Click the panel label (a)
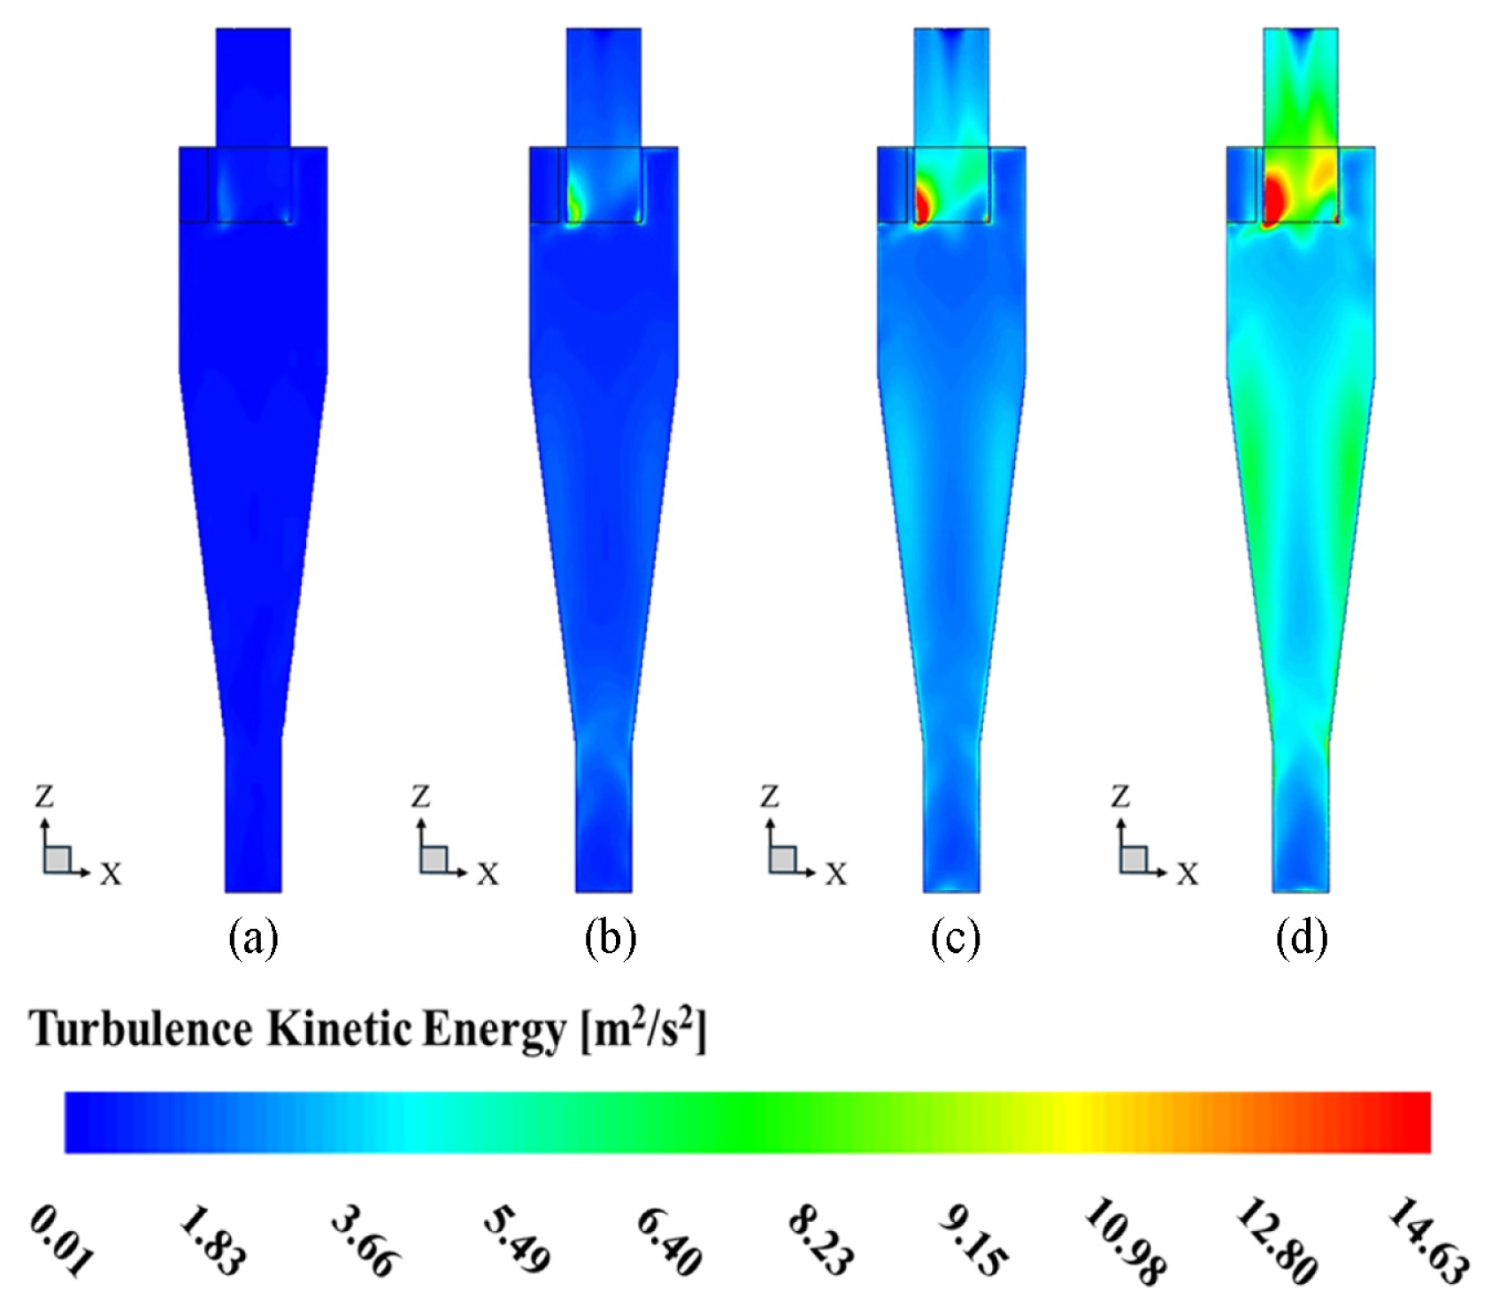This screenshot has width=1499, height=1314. pyautogui.click(x=253, y=937)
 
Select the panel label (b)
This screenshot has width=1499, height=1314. pyautogui.click(x=610, y=937)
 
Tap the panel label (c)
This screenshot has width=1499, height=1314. pyautogui.click(x=955, y=937)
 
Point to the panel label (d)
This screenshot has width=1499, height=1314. pyautogui.click(x=1302, y=937)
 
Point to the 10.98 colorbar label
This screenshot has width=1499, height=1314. pyautogui.click(x=1124, y=1241)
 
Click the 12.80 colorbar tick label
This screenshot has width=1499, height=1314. pyautogui.click(x=1276, y=1241)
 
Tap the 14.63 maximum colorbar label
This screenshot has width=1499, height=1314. pyautogui.click(x=1426, y=1241)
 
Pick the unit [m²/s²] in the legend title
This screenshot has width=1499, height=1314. pyautogui.click(x=643, y=1029)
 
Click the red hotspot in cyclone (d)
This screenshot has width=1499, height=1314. pyautogui.click(x=1274, y=196)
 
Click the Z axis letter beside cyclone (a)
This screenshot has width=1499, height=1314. pyautogui.click(x=44, y=796)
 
